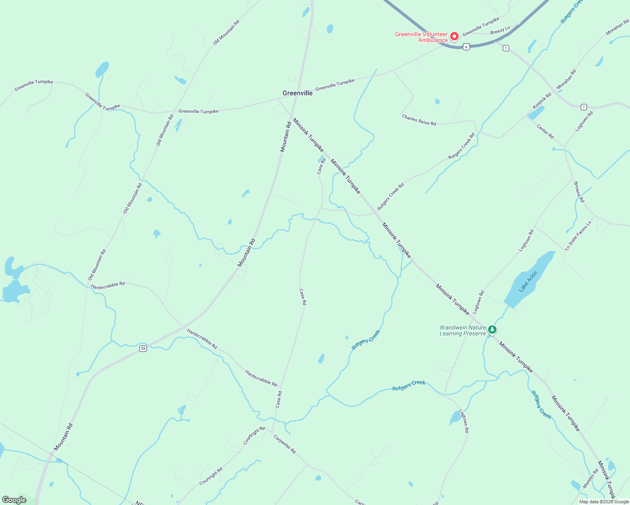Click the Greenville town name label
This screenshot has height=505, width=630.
(297, 93)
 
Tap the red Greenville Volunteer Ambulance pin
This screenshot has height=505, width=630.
(454, 37)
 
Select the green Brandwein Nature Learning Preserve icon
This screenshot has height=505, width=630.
(492, 330)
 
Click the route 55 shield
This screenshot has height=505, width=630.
(143, 348)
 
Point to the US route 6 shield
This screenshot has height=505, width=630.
(466, 47)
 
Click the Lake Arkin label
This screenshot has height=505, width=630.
(528, 282)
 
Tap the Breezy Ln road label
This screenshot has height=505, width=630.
(500, 30)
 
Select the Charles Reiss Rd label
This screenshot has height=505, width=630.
(419, 120)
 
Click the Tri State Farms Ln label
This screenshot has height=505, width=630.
(578, 236)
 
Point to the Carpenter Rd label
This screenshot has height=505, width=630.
(285, 444)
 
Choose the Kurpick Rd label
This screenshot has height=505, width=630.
(542, 101)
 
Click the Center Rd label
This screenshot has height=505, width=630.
(545, 131)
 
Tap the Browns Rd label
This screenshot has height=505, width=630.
(579, 192)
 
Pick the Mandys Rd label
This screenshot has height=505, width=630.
(590, 479)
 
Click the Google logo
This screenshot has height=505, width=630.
(14, 500)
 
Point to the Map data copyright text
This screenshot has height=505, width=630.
(604, 502)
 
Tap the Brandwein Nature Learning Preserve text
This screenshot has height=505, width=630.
(463, 330)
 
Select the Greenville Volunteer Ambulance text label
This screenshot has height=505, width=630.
(421, 37)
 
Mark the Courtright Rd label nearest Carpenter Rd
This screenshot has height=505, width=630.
(254, 436)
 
